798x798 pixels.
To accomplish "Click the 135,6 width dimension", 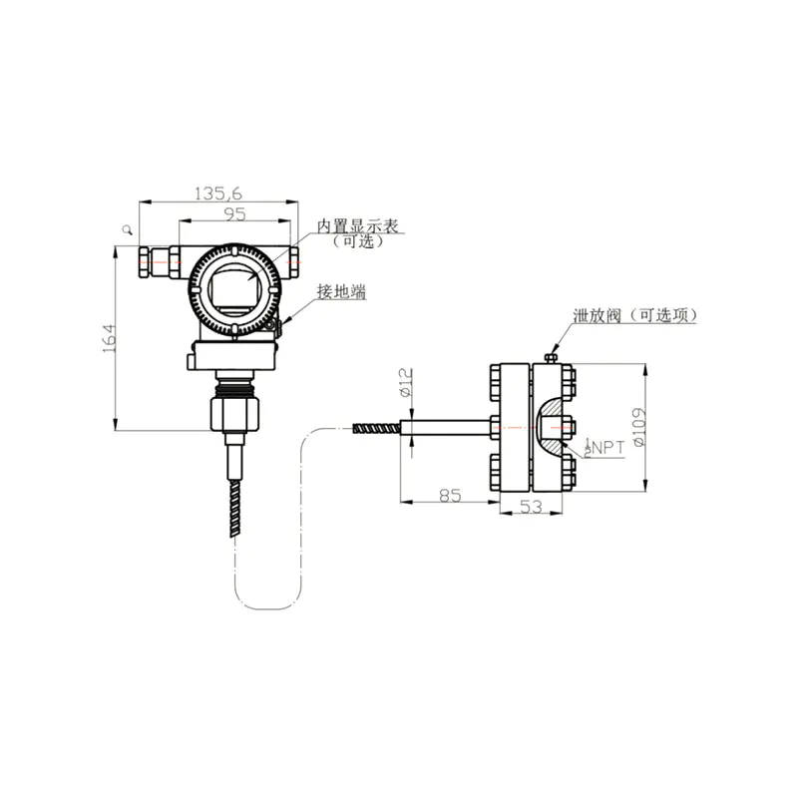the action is pyautogui.click(x=218, y=194).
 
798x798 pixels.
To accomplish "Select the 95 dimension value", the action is pyautogui.click(x=234, y=214).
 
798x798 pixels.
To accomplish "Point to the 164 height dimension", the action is pyautogui.click(x=110, y=338).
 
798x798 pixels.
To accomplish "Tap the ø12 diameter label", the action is pyautogui.click(x=406, y=382).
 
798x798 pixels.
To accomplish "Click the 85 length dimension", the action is pyautogui.click(x=450, y=495).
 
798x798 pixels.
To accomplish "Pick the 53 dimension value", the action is pyautogui.click(x=531, y=507).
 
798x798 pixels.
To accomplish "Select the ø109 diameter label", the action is pyautogui.click(x=639, y=427).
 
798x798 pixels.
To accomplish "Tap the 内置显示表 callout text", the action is pyautogui.click(x=357, y=226).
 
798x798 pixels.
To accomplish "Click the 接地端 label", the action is pyautogui.click(x=341, y=291).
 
